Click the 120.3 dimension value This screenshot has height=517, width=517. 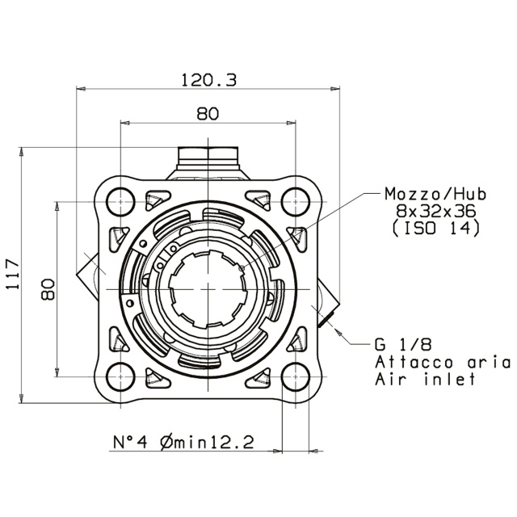tap(208, 80)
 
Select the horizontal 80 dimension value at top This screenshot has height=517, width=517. tap(208, 113)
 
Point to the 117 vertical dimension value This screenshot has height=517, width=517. tap(11, 276)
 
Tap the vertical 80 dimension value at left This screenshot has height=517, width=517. tap(47, 288)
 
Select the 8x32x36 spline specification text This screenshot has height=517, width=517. tap(435, 212)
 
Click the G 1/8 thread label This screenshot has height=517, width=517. tap(401, 343)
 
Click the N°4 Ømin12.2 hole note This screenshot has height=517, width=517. tap(183, 441)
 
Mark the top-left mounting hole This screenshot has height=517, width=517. tap(120, 200)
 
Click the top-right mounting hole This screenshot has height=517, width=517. tap(296, 200)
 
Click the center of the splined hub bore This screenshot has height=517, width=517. tap(208, 288)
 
